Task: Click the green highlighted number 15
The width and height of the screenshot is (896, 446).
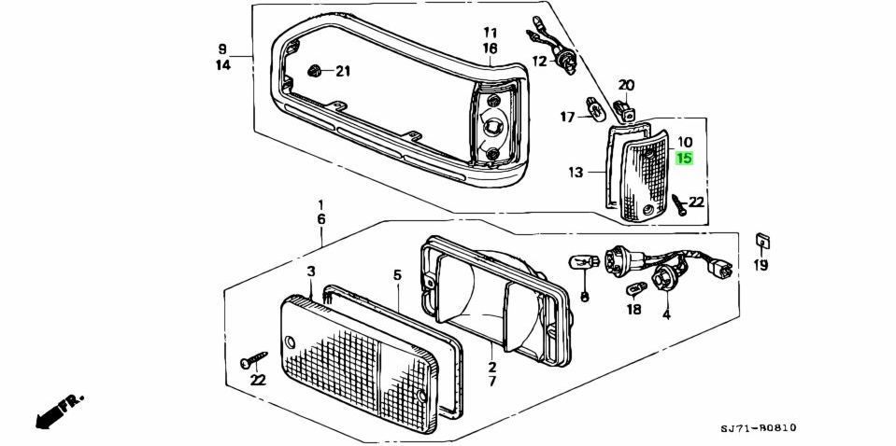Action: click(685, 159)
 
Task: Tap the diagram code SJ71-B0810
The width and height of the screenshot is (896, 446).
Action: click(758, 428)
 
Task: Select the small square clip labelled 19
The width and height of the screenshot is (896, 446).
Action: click(761, 242)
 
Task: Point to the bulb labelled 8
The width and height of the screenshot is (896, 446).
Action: click(582, 262)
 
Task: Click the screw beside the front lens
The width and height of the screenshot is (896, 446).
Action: click(252, 359)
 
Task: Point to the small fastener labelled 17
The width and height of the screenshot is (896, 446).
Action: click(593, 111)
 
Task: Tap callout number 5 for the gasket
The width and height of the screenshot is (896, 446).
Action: click(397, 275)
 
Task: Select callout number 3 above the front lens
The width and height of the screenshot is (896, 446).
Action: click(310, 271)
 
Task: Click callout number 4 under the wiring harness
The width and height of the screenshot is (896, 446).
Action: click(666, 315)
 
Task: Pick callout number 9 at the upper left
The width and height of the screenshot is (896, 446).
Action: click(222, 49)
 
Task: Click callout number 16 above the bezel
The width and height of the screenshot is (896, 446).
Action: click(491, 48)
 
